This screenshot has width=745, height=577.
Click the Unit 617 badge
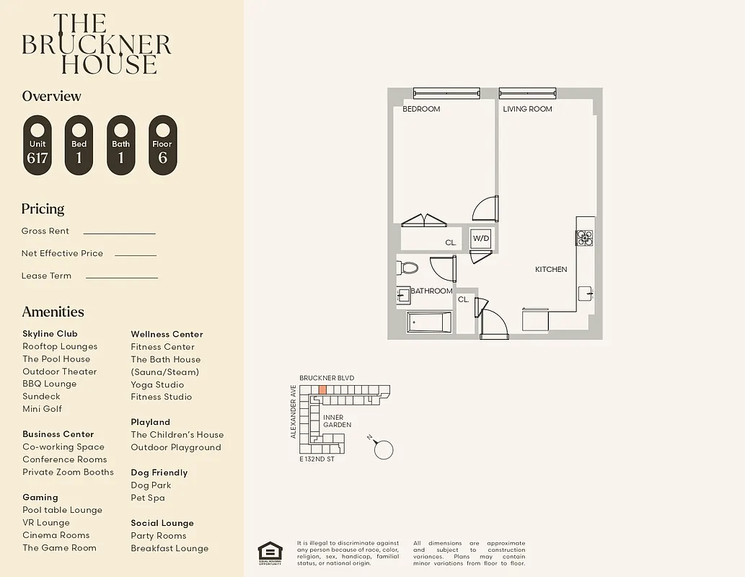tap(38, 145)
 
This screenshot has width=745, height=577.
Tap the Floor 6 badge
tap(162, 145)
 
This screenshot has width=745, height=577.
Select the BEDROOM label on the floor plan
tap(420, 109)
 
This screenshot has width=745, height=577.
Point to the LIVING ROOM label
tap(527, 109)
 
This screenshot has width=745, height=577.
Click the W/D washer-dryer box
tap(481, 239)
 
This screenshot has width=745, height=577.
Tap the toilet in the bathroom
tap(407, 268)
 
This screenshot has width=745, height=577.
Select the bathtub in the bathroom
tap(429, 322)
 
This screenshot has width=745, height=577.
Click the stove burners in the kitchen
tap(584, 237)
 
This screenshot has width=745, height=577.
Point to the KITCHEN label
tap(550, 269)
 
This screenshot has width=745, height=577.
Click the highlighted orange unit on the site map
tap(322, 389)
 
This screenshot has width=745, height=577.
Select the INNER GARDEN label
tap(337, 421)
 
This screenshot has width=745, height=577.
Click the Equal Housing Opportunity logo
tap(270, 552)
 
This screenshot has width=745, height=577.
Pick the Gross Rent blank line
tap(119, 233)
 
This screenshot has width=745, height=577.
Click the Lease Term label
tap(46, 276)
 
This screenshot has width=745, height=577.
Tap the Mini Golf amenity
tap(42, 409)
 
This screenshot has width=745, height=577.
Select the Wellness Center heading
tap(167, 334)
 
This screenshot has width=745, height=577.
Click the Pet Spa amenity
tap(147, 498)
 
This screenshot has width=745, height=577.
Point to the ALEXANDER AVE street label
tap(294, 412)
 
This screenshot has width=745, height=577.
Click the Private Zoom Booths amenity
tap(68, 472)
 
